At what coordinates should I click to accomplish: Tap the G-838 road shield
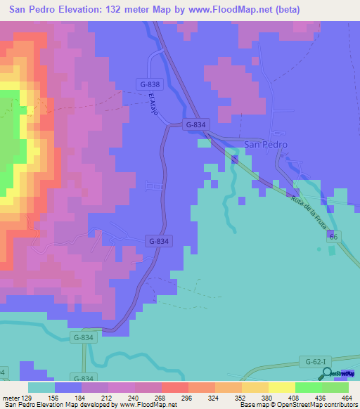coord(149,84)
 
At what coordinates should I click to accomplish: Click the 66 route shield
coord(333,239)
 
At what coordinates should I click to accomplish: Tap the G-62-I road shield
coord(316,362)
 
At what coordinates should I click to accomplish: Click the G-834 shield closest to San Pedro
coord(196,124)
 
